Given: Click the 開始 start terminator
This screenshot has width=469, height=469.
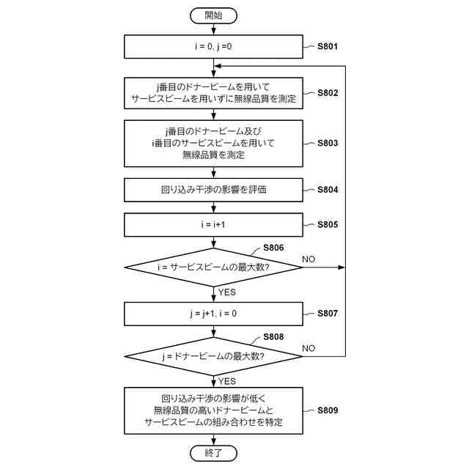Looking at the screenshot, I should coord(213,14).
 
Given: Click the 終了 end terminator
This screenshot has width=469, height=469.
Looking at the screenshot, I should coord(213,454).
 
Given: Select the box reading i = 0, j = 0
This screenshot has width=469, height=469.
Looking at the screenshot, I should coord(213,47).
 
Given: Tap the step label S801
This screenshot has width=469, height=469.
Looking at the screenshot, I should coord(328,47).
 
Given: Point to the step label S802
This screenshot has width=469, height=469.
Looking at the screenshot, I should coord(328,93).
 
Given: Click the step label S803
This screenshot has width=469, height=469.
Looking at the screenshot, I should coord(328,143).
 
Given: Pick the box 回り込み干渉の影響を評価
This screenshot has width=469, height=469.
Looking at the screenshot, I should coord(213,190).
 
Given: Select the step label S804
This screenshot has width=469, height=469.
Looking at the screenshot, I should coord(328,190).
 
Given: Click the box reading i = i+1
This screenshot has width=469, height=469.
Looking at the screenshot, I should coord(213,225).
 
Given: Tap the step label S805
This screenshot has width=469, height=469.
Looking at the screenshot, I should coord(328,225).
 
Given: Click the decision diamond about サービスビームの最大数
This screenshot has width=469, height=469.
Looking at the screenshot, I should coord(213,267).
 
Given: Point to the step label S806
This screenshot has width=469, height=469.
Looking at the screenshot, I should coord(273,249).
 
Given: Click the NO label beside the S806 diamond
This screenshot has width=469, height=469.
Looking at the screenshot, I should coord(309,259).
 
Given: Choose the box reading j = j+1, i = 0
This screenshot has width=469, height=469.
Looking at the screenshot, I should coord(213,313).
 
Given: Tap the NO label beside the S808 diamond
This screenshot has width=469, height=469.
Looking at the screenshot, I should coord(309,347).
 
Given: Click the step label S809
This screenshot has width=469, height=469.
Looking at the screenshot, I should coord(328,411).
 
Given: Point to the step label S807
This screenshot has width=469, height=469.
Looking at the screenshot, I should coord(328,313).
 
